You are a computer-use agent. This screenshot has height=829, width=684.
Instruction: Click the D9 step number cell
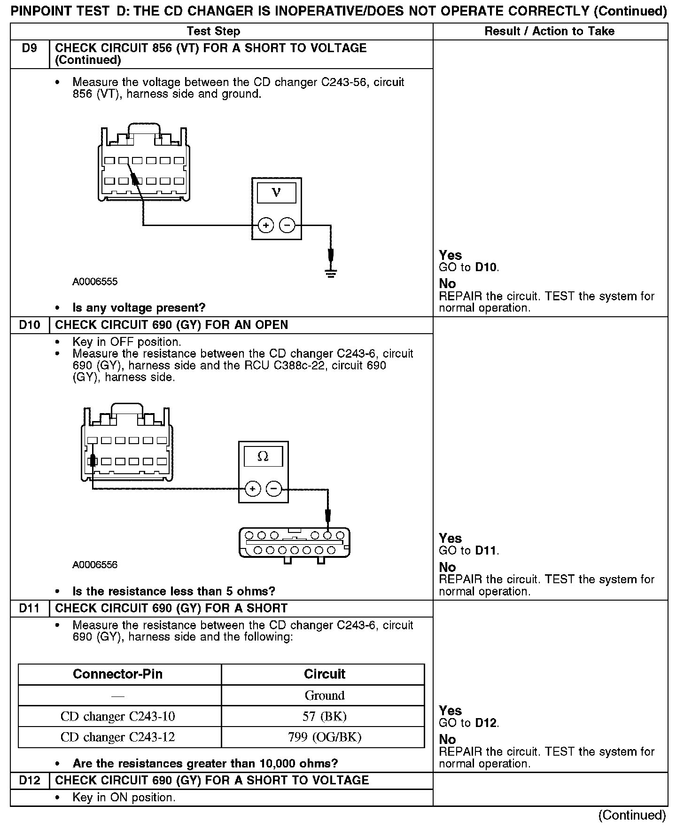coord(30,48)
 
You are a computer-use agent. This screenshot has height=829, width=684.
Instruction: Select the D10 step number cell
coord(30,325)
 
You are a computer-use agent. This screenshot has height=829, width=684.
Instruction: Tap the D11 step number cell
coord(30,608)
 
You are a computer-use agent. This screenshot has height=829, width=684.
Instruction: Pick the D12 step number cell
coord(30,780)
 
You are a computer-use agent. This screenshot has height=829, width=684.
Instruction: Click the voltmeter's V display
coord(276,193)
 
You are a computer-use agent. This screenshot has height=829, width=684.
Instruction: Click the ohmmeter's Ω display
coord(263,456)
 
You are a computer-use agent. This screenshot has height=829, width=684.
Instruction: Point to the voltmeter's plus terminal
coord(266,226)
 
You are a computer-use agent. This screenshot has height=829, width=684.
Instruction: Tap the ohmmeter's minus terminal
coord(274,489)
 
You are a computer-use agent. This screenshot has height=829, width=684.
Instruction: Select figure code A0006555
coord(95,282)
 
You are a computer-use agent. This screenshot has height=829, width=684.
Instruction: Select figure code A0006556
coord(95,564)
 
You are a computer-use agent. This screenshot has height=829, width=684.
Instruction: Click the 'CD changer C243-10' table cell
coord(118,716)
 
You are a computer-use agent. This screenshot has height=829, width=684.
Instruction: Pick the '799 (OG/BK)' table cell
coord(325,737)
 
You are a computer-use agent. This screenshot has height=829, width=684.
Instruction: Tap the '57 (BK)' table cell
coord(325,716)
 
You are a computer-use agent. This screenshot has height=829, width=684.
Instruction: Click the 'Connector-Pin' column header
coord(118,674)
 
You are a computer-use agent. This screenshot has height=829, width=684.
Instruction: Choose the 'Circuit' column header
coord(325,674)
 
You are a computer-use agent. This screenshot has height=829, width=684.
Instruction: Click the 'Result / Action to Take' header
coord(550,31)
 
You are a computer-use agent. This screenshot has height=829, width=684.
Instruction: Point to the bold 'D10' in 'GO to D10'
coord(486,267)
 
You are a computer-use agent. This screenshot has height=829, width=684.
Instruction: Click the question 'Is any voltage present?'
coord(139,308)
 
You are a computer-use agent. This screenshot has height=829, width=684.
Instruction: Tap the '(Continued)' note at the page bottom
coord(632,815)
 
